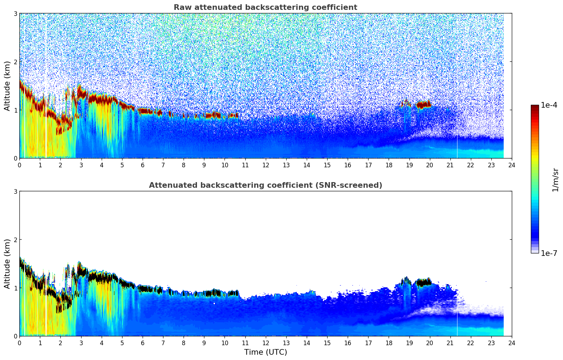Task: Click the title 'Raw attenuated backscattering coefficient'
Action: [265, 7]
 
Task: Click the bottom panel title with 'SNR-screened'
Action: [265, 185]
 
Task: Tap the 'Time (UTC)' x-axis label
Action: [265, 352]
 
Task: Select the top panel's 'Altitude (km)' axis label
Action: [7, 86]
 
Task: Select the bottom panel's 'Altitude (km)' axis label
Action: [7, 264]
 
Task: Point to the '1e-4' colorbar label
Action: [549, 105]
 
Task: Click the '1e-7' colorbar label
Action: [549, 253]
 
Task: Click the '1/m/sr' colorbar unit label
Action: [555, 179]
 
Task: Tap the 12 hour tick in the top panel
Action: [265, 165]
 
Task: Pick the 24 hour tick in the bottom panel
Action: [511, 343]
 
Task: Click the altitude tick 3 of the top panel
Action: [16, 13]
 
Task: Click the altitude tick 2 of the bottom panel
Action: [16, 240]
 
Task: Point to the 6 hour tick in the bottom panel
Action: [143, 343]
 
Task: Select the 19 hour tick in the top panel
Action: [409, 165]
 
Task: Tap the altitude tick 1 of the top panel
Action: [16, 110]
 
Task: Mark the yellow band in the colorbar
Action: [534, 155]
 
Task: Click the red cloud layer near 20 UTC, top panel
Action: [423, 105]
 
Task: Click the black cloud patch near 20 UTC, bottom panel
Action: [423, 282]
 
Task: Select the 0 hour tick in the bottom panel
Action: [19, 343]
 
